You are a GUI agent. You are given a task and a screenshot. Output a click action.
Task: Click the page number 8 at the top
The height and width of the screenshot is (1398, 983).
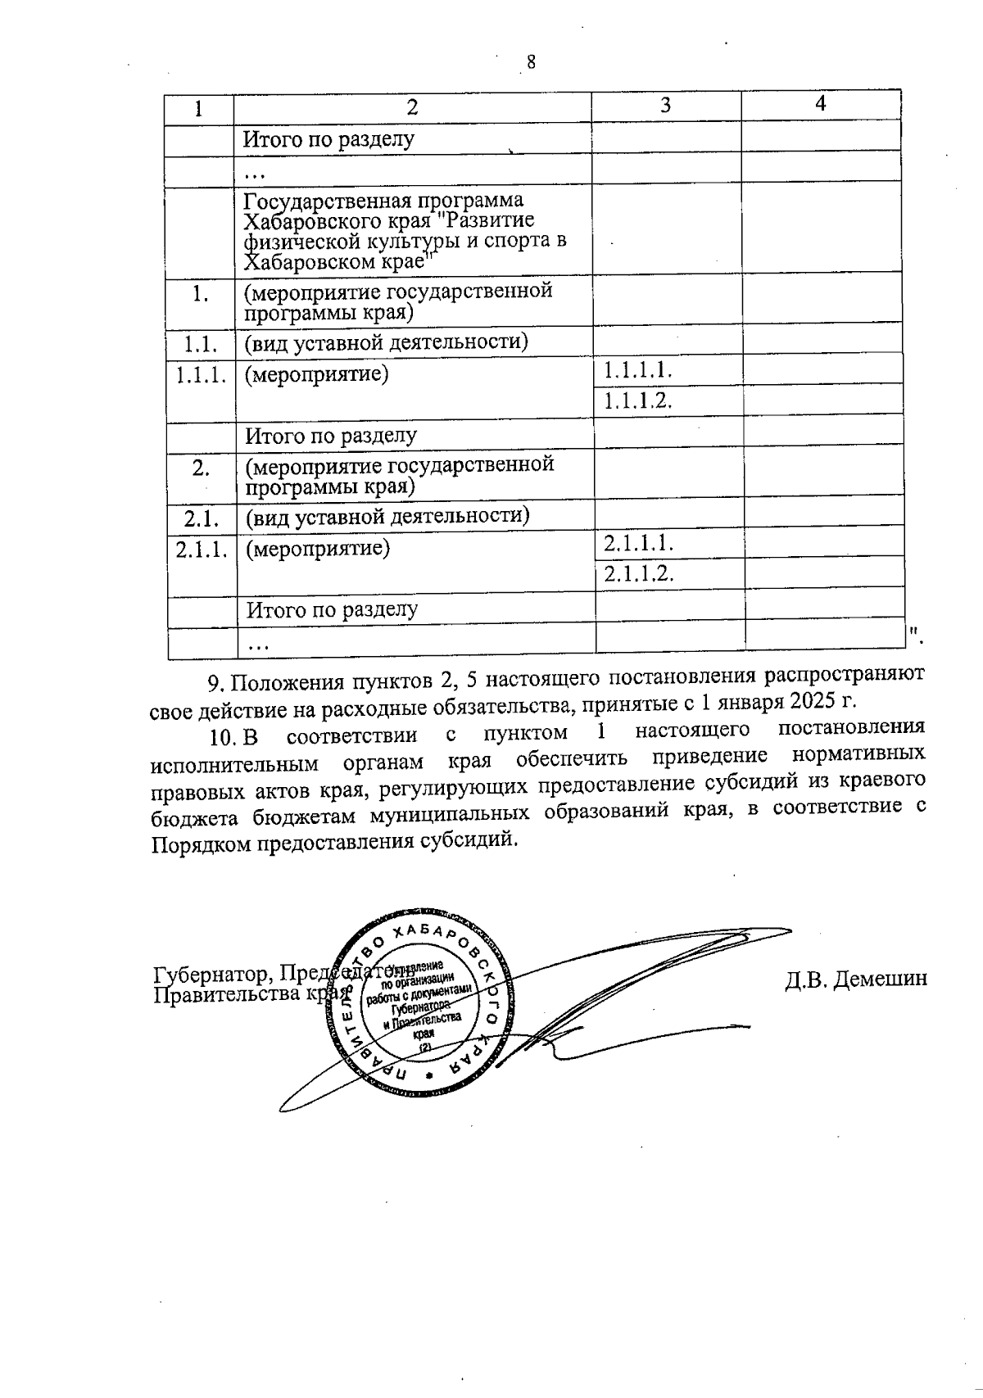531,62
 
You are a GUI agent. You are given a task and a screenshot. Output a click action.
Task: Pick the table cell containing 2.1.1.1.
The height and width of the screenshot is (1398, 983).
638,543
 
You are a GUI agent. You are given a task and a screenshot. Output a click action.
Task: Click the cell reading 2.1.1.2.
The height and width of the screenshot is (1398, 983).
638,573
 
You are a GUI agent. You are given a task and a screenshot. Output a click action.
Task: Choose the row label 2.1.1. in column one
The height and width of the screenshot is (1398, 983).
201,549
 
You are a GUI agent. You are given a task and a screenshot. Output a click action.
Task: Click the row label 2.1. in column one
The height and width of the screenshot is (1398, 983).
200,517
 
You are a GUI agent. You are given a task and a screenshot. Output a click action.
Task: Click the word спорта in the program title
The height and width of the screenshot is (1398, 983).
512,241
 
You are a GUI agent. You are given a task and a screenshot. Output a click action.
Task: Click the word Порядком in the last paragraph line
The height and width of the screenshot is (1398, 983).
202,843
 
